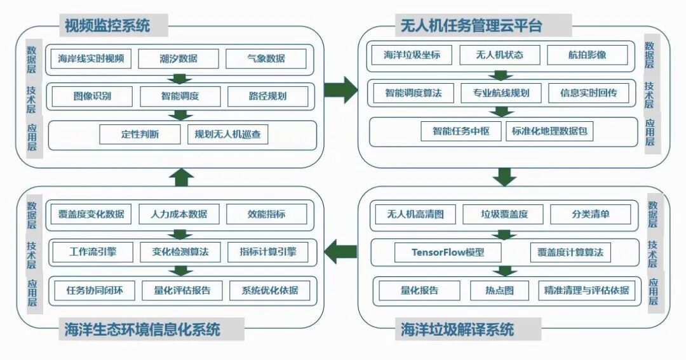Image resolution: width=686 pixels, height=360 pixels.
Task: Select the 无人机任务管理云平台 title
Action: point(471,26)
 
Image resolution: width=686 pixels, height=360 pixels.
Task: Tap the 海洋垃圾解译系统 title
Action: point(458,330)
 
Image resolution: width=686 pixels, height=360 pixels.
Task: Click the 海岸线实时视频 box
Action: point(90,59)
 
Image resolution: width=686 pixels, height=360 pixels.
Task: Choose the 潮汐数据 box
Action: point(178,59)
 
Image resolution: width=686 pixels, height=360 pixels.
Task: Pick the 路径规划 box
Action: point(267,97)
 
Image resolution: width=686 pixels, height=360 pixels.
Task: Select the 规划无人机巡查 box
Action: point(227,135)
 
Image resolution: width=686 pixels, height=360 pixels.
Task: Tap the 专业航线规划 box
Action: point(501,93)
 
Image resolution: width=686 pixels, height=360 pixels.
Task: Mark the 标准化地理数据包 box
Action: point(550,131)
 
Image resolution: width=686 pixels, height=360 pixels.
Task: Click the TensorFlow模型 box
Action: point(447,252)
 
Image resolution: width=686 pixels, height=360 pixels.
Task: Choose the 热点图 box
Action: point(499,291)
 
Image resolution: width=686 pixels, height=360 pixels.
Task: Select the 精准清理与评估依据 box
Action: point(586,291)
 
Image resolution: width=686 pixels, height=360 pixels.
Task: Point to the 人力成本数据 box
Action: point(178,214)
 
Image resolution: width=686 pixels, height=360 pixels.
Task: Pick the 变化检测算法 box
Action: point(180,252)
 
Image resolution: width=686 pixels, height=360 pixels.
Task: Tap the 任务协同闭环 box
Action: point(95,291)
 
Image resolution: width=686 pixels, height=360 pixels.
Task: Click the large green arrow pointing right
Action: point(341,90)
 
